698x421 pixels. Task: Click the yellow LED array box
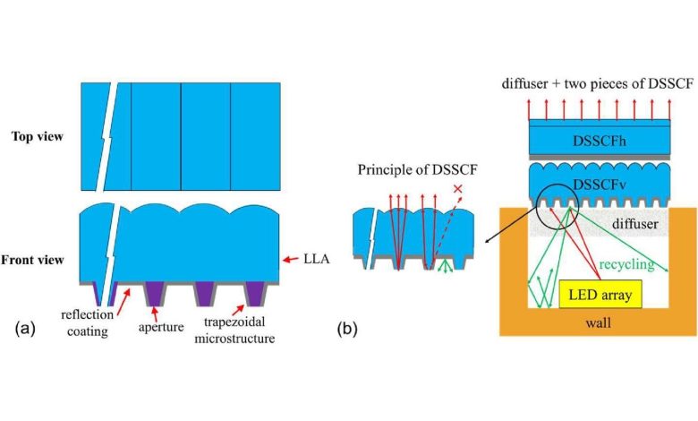point(597,295)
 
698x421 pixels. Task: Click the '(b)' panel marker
point(348,329)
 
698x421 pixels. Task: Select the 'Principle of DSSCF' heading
point(413,169)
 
